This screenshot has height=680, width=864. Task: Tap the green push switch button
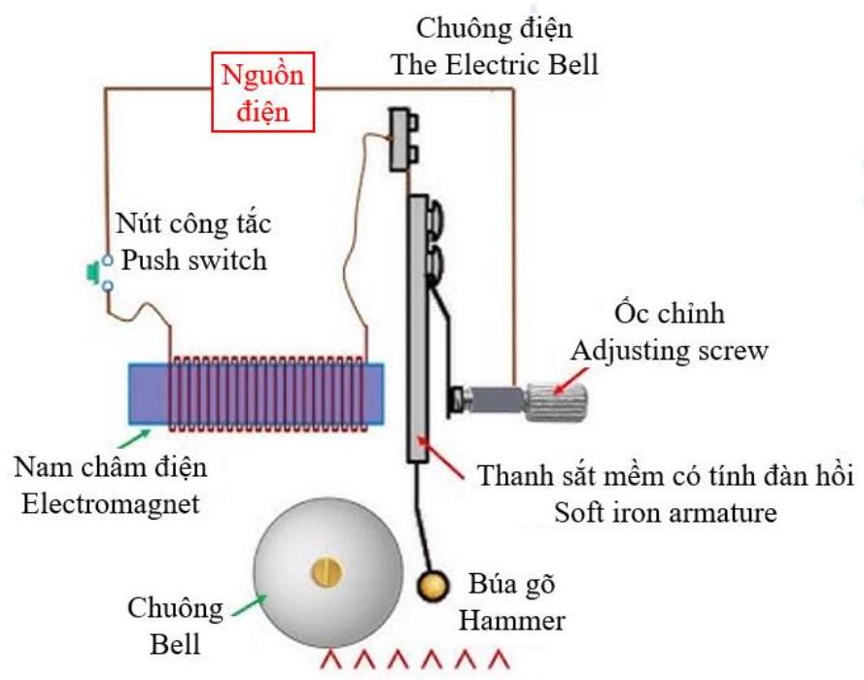[94, 273]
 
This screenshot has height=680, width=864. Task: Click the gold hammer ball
[432, 586]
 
